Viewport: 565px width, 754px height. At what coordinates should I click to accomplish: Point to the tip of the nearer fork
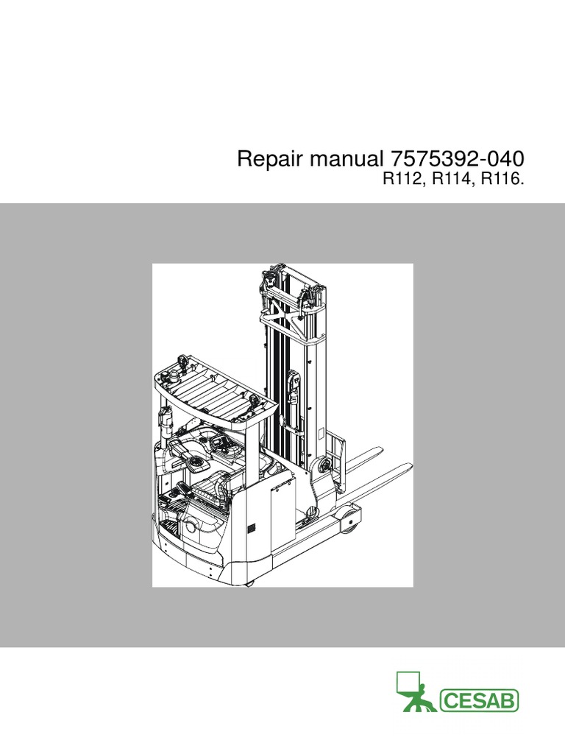405,468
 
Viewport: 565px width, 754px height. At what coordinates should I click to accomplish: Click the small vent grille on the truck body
251,529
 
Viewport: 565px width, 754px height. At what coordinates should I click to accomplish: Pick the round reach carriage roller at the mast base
321,465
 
